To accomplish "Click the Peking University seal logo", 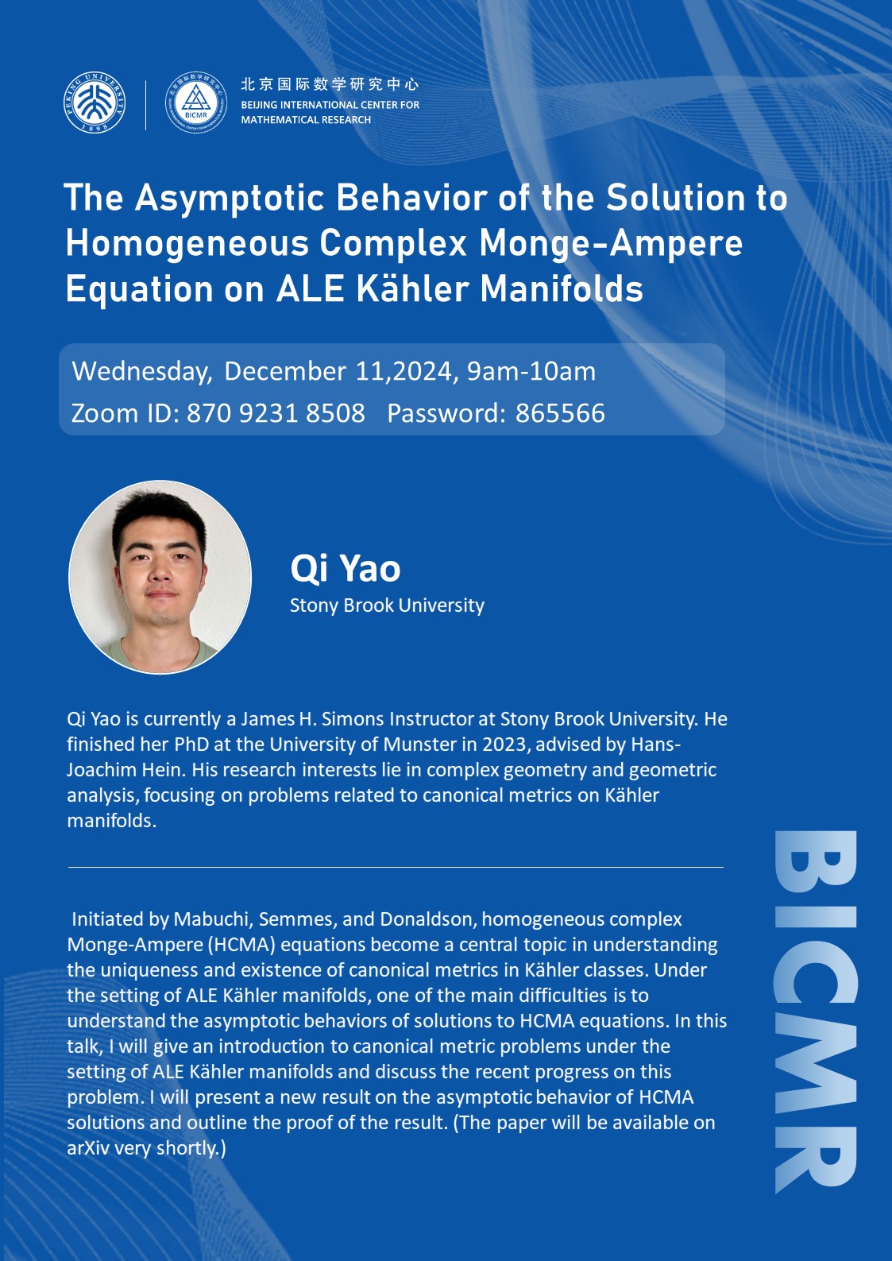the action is coord(95,103).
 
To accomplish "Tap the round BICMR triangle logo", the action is coord(196,103).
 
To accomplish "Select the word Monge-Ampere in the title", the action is coord(611,244).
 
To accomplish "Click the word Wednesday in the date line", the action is coord(142,372).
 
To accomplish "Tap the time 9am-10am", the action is coord(531,372).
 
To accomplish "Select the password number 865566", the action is coord(560,413).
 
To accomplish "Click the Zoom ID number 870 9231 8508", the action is coord(276,413).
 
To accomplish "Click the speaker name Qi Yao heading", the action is coord(345,568).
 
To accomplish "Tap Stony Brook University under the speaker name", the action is coord(387,605).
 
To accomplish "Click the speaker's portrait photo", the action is coord(160,577).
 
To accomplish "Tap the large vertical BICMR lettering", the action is coord(816,1012).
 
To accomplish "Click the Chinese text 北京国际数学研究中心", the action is coord(330,84).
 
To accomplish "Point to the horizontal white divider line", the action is coord(396,867).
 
